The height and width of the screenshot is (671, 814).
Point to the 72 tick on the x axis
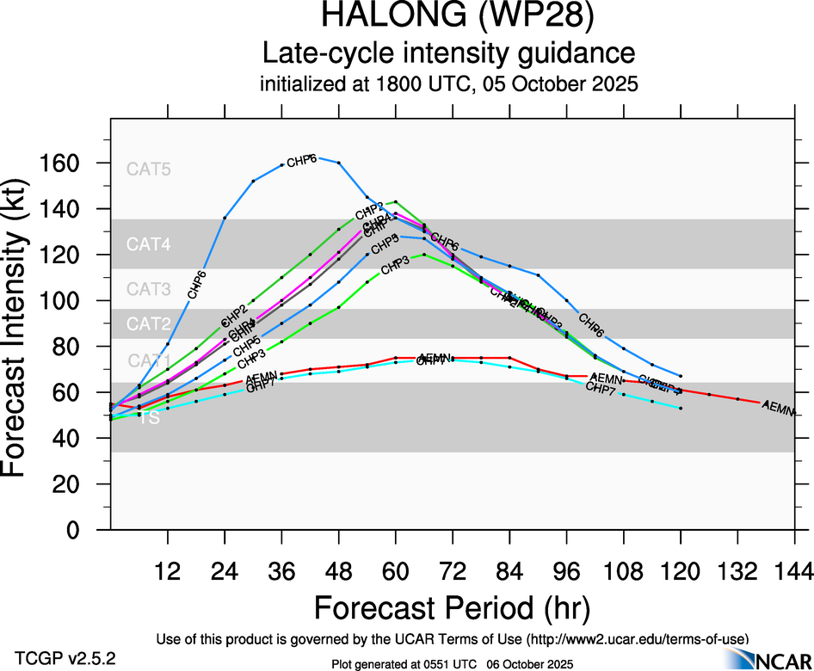tap(453, 571)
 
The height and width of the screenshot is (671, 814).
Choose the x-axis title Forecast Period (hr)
tap(452, 609)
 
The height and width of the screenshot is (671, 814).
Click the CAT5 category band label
tap(149, 169)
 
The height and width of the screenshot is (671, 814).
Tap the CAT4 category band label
tap(149, 244)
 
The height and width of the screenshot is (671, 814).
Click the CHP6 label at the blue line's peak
tap(301, 161)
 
